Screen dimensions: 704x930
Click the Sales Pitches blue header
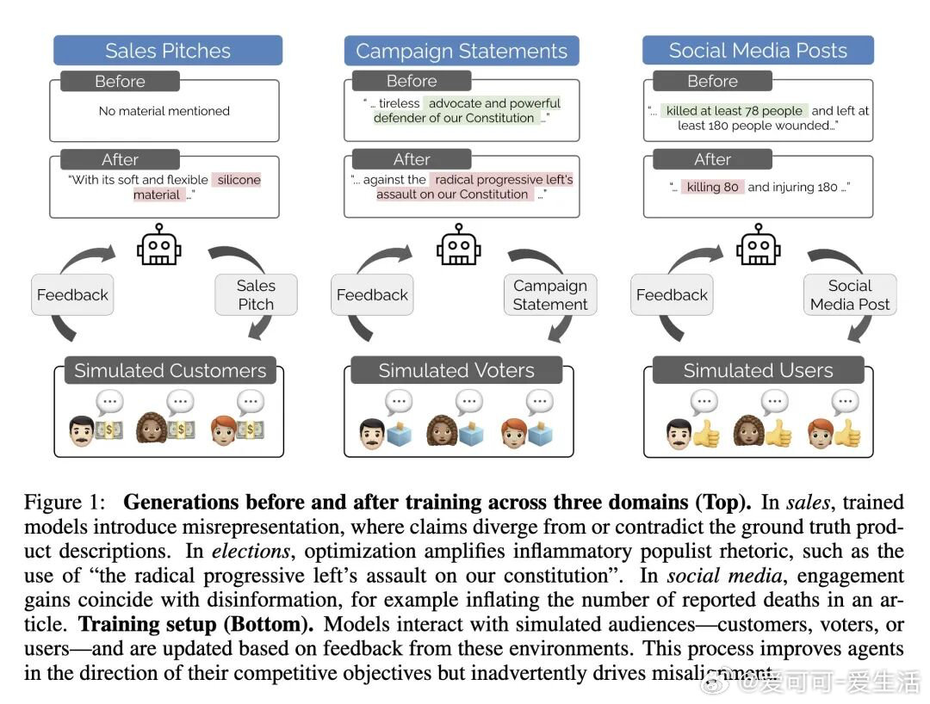pos(168,51)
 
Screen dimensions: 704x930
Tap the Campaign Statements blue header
pos(462,51)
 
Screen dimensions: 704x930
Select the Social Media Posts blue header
pos(758,51)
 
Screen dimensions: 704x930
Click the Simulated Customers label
pos(170,371)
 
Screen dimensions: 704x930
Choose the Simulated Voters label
pos(456,371)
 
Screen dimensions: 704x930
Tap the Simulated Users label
pos(758,371)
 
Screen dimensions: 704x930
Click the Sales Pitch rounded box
pos(256,294)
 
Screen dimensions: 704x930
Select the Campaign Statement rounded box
pos(550,294)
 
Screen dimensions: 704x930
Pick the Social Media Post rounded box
pos(850,294)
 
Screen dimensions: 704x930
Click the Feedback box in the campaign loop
pos(372,294)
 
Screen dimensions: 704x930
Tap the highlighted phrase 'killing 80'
pos(713,187)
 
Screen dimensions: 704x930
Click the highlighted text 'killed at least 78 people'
pos(735,111)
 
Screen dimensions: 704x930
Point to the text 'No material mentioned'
pos(164,111)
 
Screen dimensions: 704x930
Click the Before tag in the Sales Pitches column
pos(120,82)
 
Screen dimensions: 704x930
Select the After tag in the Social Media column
pos(712,159)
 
